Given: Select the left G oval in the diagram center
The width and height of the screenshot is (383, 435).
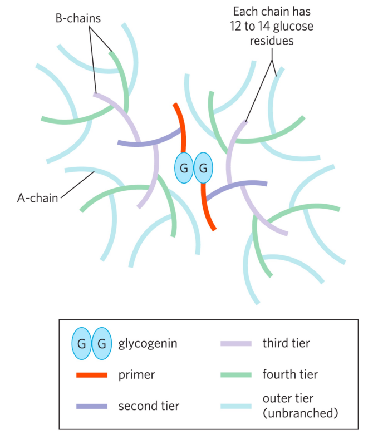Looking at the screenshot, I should pyautogui.click(x=184, y=167).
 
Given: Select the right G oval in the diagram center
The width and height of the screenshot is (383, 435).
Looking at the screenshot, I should pyautogui.click(x=203, y=167).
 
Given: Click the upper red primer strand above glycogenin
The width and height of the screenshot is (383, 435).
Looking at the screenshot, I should pyautogui.click(x=180, y=125).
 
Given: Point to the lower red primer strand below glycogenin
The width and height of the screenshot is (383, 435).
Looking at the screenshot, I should pyautogui.click(x=208, y=209).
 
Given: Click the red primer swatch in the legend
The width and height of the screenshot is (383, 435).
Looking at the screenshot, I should pyautogui.click(x=91, y=374).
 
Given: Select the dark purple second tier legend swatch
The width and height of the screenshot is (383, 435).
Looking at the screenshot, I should pyautogui.click(x=91, y=406).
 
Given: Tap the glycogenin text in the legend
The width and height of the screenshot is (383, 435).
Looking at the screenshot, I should pyautogui.click(x=148, y=343).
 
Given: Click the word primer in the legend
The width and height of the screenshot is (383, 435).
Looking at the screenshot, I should pyautogui.click(x=136, y=374).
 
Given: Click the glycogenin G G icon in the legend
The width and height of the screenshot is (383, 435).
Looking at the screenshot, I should pyautogui.click(x=91, y=343).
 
